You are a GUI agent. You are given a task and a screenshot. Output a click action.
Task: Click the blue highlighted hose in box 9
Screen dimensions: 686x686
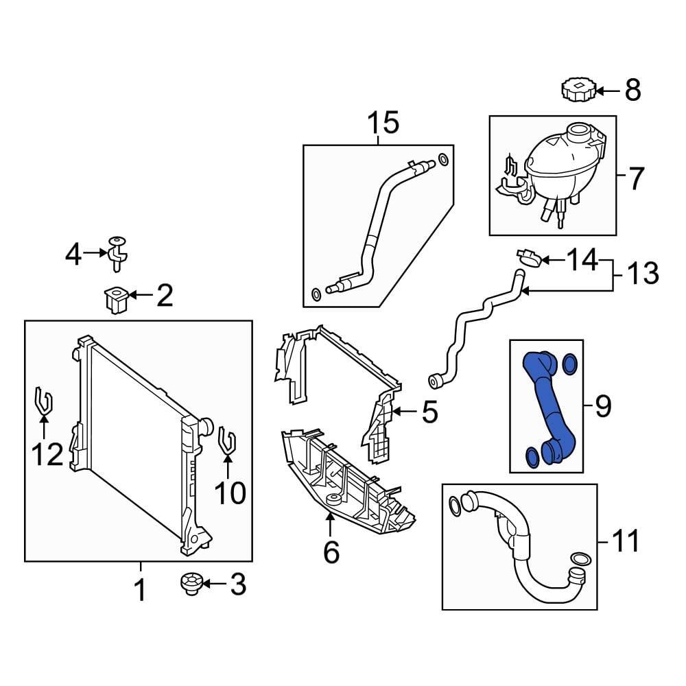tap(549, 405)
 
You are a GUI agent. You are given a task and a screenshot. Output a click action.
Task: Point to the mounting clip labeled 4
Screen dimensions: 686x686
tap(117, 251)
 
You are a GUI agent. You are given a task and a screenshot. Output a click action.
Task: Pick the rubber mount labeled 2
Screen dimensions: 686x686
tap(115, 300)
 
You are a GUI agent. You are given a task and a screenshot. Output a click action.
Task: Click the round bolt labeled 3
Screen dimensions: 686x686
tap(190, 584)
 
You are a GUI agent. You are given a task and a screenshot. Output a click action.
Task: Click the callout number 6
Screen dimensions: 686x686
tap(331, 551)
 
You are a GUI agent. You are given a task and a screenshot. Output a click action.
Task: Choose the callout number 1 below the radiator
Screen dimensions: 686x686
tap(140, 589)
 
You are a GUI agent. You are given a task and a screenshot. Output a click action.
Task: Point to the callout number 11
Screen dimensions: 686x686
tap(624, 541)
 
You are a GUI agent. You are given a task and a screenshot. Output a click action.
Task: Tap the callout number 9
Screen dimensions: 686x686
tap(602, 407)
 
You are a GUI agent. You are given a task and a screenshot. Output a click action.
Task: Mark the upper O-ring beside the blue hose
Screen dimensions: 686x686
tap(569, 362)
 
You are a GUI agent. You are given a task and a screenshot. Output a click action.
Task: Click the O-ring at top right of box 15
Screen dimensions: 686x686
tap(443, 160)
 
